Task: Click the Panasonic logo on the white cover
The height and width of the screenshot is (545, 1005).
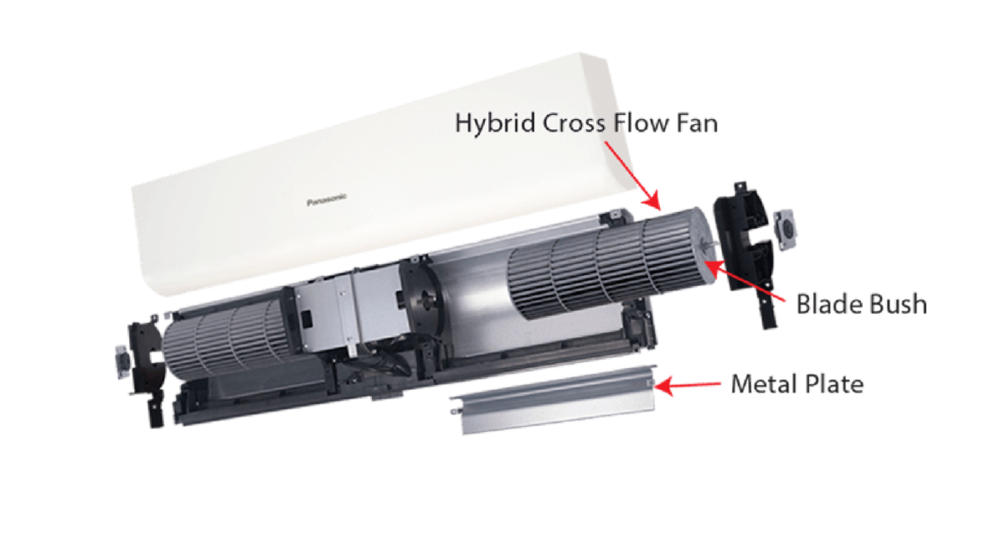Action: pyautogui.click(x=327, y=200)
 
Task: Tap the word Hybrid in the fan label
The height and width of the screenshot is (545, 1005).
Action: pyautogui.click(x=495, y=123)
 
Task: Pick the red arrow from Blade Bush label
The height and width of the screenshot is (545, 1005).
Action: pyautogui.click(x=745, y=281)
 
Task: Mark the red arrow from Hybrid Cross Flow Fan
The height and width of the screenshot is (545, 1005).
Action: pyautogui.click(x=632, y=176)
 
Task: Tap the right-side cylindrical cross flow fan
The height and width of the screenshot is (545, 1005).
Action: pyautogui.click(x=611, y=265)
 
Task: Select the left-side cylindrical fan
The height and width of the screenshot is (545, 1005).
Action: pyautogui.click(x=227, y=340)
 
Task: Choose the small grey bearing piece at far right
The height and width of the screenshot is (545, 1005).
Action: pyautogui.click(x=786, y=230)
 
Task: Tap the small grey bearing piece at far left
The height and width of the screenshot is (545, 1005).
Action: pyautogui.click(x=122, y=361)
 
